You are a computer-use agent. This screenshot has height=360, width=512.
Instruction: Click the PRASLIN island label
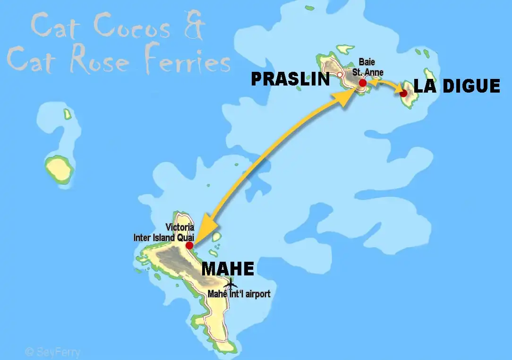pos(290,79)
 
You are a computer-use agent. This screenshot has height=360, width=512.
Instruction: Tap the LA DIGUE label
pos(456,86)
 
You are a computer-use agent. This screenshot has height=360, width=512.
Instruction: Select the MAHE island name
pos(228,268)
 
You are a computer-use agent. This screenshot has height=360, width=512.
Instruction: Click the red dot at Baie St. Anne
pos(362,83)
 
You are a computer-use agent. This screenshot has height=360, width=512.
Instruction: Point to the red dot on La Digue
pos(403,93)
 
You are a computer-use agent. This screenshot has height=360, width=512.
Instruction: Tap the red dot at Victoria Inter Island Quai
pos(189,245)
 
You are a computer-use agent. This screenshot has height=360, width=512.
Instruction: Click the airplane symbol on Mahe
pos(230,284)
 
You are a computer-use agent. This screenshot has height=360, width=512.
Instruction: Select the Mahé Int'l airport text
pos(239,294)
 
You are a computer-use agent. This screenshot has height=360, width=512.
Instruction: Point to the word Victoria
pos(180,228)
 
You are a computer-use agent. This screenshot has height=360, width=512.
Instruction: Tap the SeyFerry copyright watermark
pos(52,352)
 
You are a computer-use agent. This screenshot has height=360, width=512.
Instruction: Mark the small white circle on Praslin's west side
pos(340,75)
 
